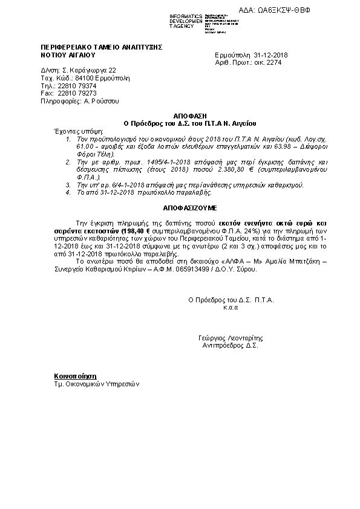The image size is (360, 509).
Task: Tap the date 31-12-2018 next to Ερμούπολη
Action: click(x=271, y=55)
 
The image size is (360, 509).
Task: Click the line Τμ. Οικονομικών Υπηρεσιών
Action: click(x=96, y=383)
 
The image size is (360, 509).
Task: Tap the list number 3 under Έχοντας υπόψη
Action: click(x=68, y=184)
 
